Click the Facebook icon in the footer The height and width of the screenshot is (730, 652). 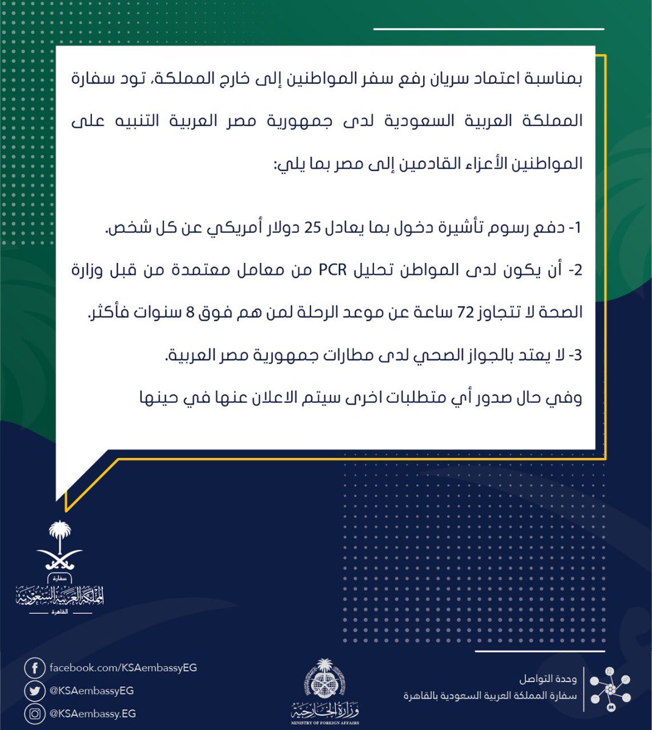pyautogui.click(x=35, y=668)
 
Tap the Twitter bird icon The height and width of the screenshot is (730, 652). pyautogui.click(x=35, y=690)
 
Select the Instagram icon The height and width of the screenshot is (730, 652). pyautogui.click(x=35, y=713)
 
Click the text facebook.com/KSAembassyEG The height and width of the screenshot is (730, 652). pyautogui.click(x=123, y=668)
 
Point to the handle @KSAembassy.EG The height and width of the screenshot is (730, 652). pyautogui.click(x=93, y=713)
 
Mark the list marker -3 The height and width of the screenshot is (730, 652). pyautogui.click(x=574, y=356)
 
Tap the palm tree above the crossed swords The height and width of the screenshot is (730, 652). pyautogui.click(x=60, y=535)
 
